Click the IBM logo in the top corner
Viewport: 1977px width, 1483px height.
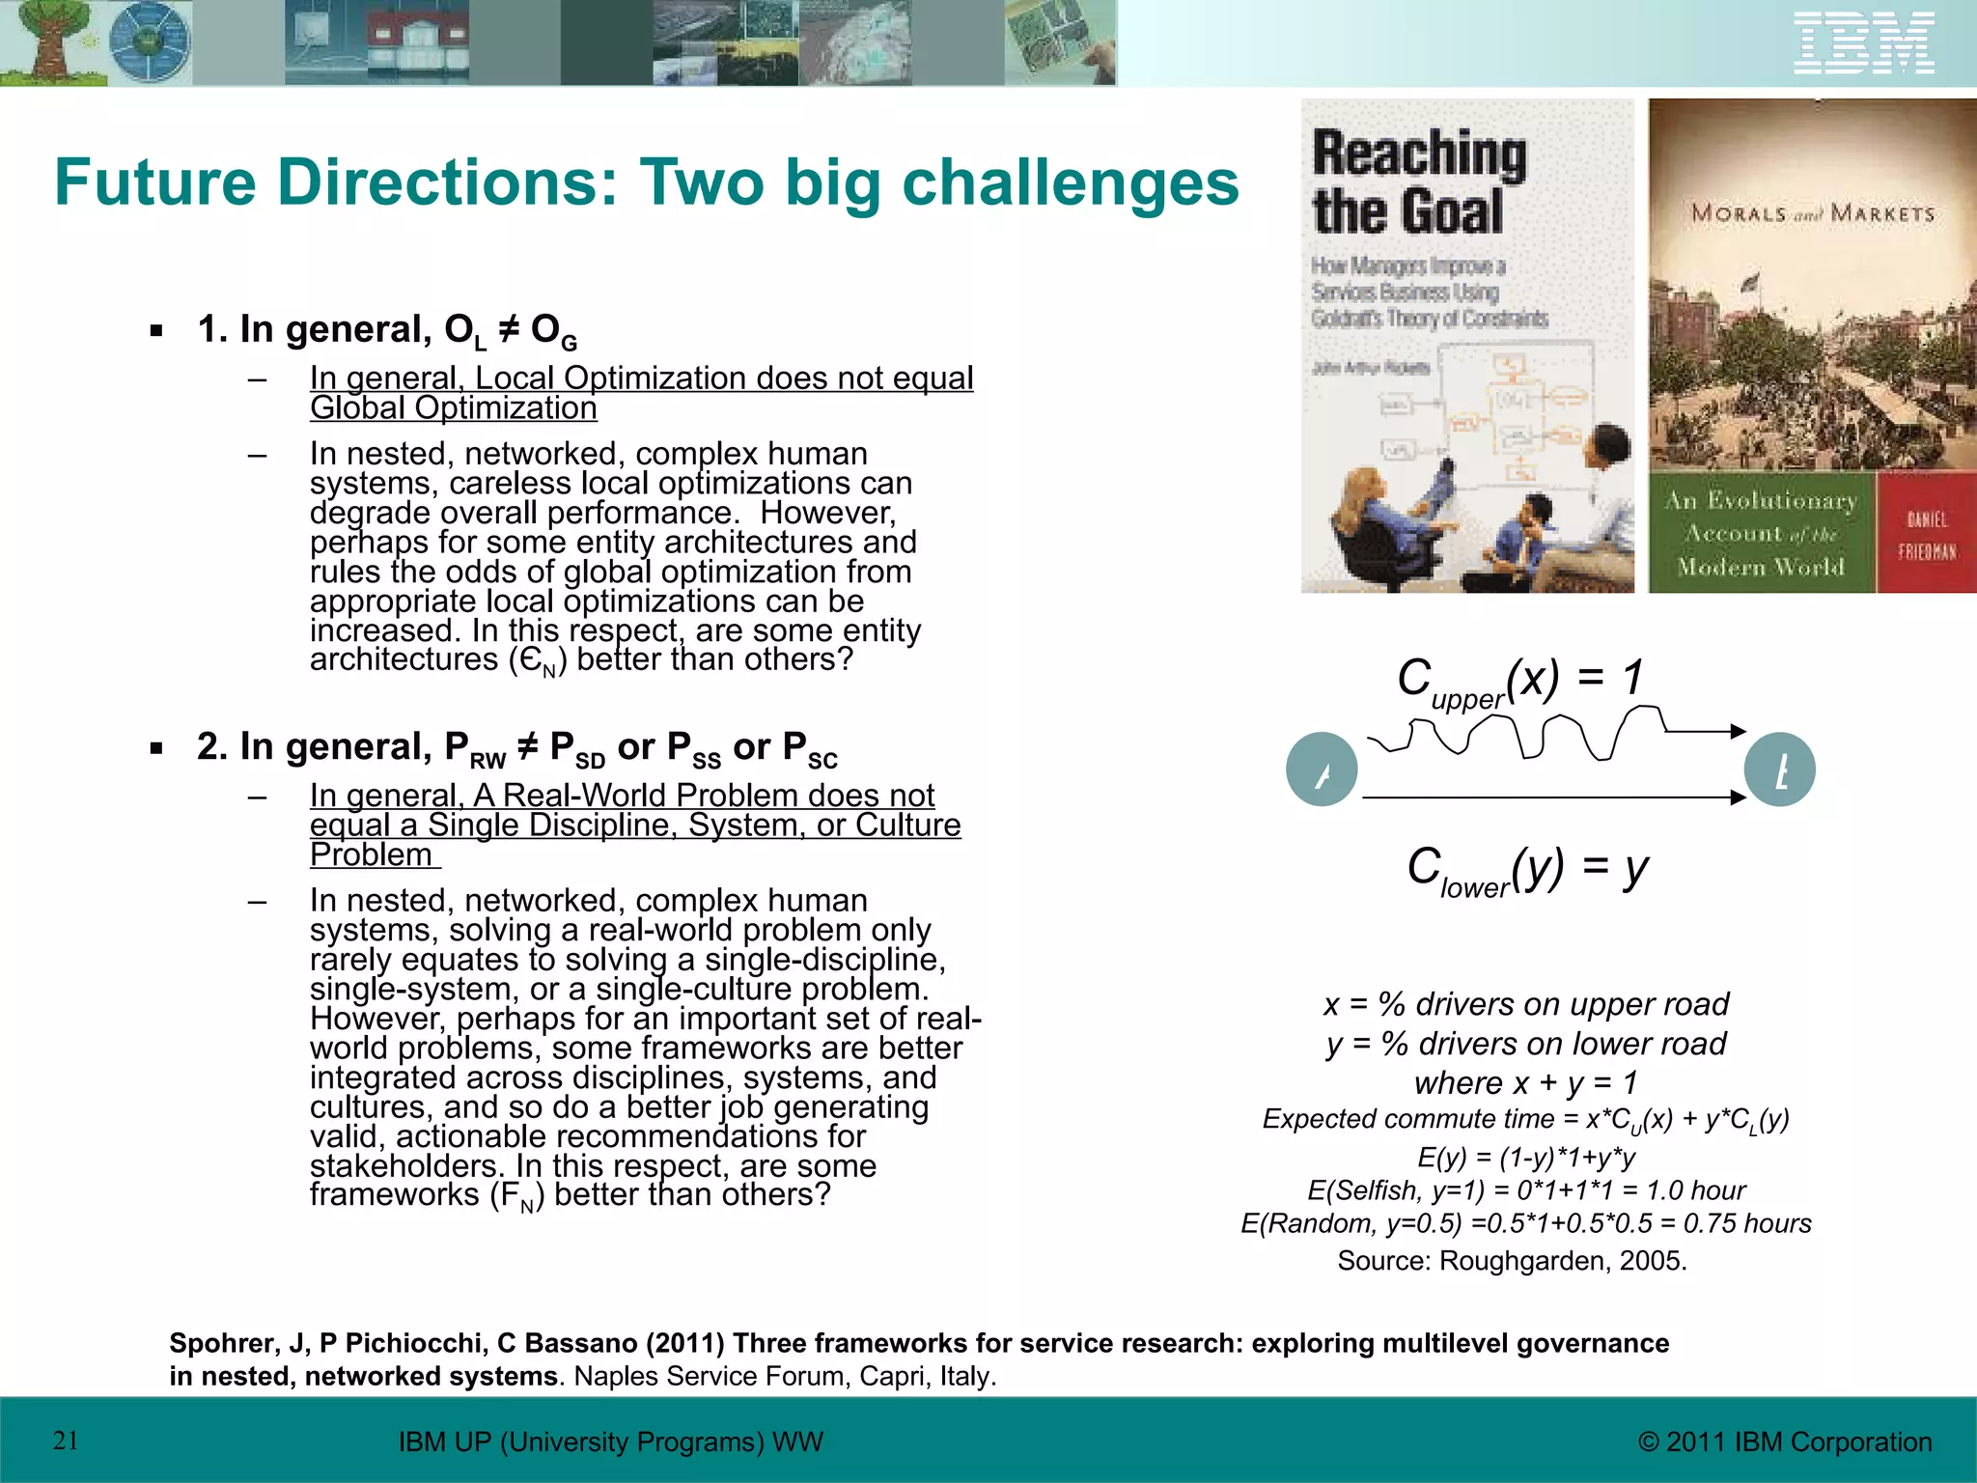tap(1864, 43)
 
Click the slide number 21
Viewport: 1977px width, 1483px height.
tap(66, 1441)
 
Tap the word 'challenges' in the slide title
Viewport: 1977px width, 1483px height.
tap(1070, 182)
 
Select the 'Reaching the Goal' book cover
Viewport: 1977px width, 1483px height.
tap(1466, 346)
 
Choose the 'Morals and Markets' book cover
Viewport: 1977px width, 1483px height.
tap(1812, 346)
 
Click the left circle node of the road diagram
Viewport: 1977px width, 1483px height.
tap(1322, 769)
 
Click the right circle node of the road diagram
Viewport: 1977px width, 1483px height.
tap(1780, 769)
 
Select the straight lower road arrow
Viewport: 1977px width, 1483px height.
tap(1554, 797)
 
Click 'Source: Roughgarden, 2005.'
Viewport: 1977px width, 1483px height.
tap(1512, 1261)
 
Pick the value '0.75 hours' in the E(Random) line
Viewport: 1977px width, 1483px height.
tap(1747, 1223)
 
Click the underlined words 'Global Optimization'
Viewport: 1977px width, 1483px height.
tap(454, 408)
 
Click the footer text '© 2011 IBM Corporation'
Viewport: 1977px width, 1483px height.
tap(1785, 1441)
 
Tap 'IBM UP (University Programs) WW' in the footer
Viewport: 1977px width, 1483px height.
tap(611, 1441)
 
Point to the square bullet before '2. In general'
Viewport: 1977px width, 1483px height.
tap(156, 748)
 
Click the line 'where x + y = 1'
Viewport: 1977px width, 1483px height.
tap(1525, 1082)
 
